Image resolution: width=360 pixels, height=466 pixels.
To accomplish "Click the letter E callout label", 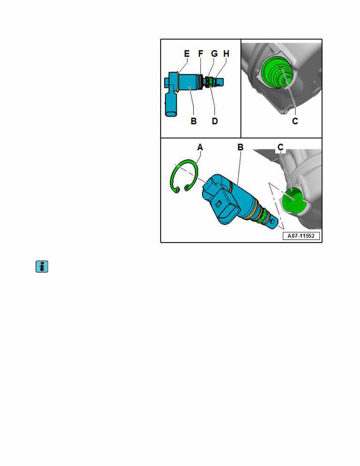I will point(187,54).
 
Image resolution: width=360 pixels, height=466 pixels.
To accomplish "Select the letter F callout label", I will point(201,54).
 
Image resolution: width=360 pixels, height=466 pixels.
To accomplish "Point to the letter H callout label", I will point(226,54).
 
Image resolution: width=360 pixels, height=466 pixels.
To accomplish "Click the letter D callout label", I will point(215,121).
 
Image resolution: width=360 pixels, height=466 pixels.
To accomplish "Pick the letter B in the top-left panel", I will point(194,121).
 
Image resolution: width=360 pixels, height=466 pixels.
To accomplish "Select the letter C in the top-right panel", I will point(295,121).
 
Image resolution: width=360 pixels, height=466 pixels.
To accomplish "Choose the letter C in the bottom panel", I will point(281,148).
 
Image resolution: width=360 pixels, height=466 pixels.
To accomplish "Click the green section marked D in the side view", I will point(210,82).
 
